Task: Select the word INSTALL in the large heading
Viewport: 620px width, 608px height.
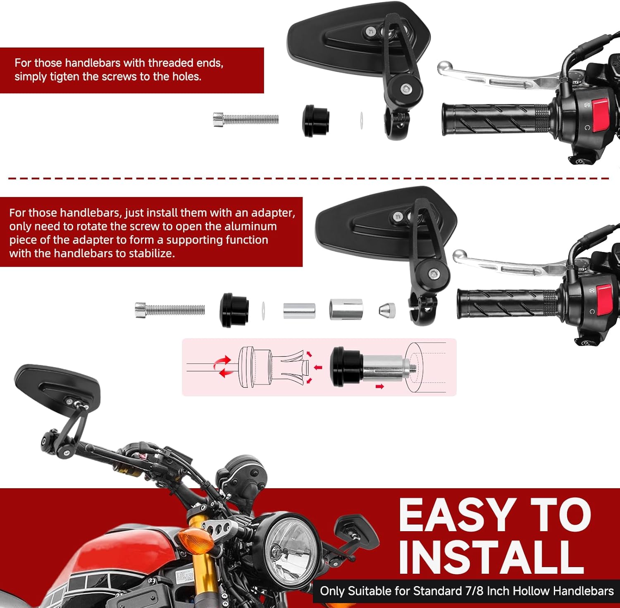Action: pyautogui.click(x=491, y=556)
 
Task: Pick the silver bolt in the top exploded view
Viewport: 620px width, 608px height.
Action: pyautogui.click(x=246, y=119)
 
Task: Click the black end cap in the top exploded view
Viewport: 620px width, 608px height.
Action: pyautogui.click(x=316, y=120)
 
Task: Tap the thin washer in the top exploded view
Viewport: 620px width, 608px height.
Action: pyautogui.click(x=361, y=120)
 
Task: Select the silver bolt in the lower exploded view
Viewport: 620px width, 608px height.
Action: pyautogui.click(x=170, y=310)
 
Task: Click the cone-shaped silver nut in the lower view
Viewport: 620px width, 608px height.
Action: pyautogui.click(x=387, y=310)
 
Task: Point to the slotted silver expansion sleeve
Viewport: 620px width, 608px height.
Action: pyautogui.click(x=346, y=309)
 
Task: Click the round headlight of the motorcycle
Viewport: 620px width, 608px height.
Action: pyautogui.click(x=290, y=550)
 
